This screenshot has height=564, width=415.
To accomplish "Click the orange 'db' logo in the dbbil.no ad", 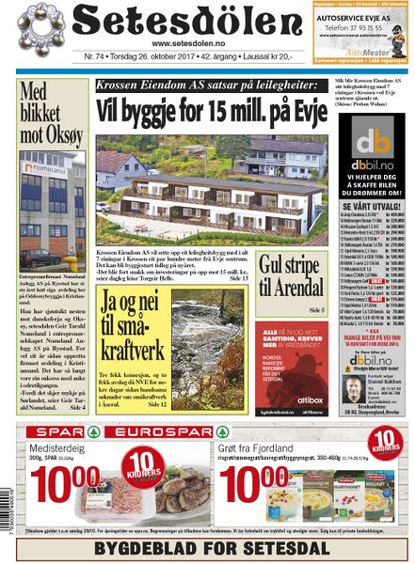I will click(x=371, y=140).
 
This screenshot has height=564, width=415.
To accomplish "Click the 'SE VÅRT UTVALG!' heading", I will click(x=371, y=206).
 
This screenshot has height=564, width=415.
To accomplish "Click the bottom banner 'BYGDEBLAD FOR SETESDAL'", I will click(x=207, y=547).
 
